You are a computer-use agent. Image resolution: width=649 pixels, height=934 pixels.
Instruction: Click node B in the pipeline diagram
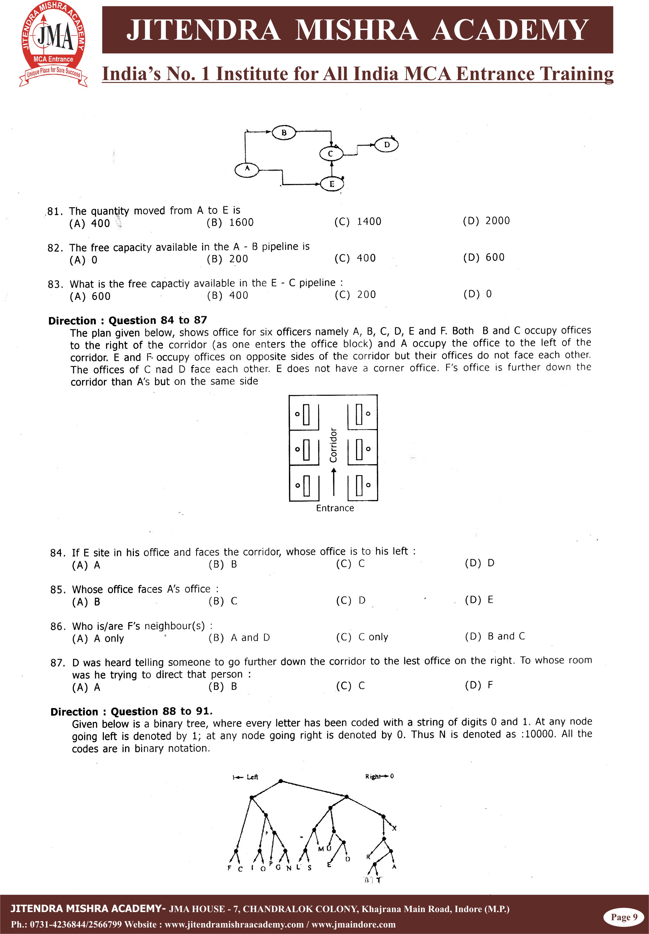(x=284, y=133)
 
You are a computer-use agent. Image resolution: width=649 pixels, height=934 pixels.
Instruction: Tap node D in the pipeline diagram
(x=386, y=145)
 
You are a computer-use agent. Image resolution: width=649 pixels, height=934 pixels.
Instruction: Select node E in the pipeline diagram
(x=332, y=184)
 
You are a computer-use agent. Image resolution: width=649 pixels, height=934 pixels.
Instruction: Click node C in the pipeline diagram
(x=331, y=154)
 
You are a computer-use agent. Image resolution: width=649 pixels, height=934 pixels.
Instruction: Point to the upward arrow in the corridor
(x=334, y=482)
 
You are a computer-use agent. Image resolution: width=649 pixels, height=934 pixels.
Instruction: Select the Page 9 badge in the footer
(x=624, y=917)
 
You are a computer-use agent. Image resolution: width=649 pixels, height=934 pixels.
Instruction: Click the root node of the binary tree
(x=280, y=781)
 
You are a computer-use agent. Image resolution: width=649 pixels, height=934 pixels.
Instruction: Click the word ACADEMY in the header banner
(x=510, y=30)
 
